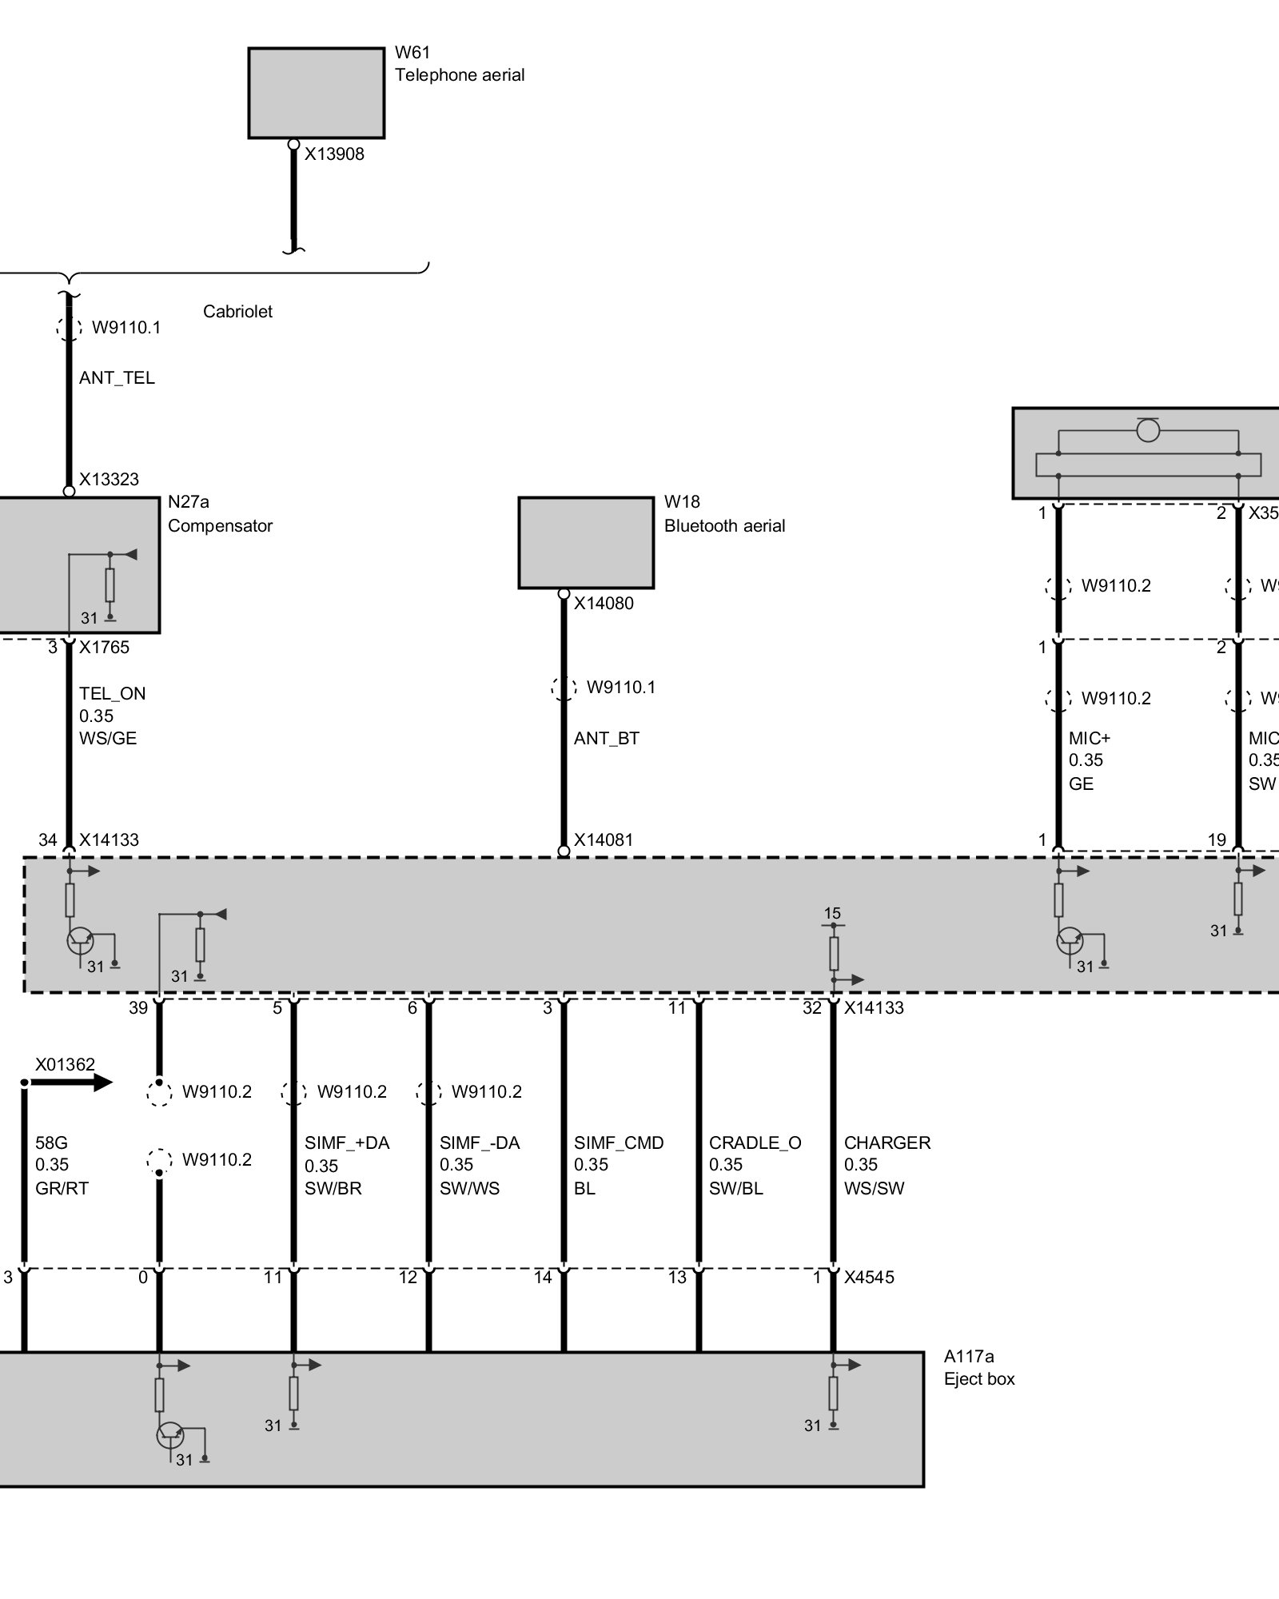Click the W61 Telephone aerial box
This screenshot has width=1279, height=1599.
pos(316,93)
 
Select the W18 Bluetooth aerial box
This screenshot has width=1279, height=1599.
pos(585,543)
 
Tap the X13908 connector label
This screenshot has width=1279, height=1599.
pos(334,154)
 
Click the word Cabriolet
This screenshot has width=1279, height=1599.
pos(237,312)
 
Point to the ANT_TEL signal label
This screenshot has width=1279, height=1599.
pos(117,378)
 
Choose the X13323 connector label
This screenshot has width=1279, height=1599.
pos(109,480)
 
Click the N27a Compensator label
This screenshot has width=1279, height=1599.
pos(220,514)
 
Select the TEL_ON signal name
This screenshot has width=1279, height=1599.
pos(112,694)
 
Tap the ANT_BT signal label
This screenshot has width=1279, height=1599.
pos(606,739)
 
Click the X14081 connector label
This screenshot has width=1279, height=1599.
pos(603,840)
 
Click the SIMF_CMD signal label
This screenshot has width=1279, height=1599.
pos(618,1143)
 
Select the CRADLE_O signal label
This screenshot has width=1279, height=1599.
pos(755,1143)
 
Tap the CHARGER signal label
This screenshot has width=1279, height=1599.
pos(887,1143)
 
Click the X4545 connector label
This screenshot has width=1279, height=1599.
pos(869,1278)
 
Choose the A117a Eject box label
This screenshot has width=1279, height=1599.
pos(978,1367)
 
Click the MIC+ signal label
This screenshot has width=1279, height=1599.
pos(1089,739)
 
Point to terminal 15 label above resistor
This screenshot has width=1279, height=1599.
pos(832,914)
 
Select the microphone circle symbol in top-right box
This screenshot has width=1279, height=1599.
pos(1148,431)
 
